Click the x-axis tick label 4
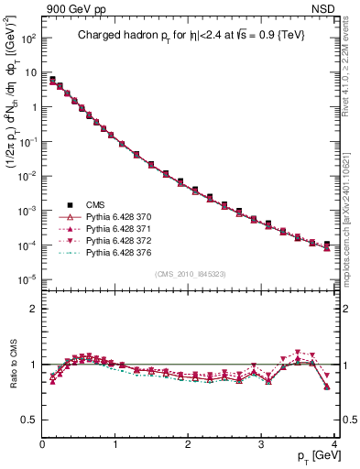pyautogui.click(x=334, y=443)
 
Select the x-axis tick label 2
pyautogui.click(x=189, y=443)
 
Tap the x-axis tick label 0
pyautogui.click(x=43, y=443)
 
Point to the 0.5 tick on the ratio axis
pyautogui.click(x=30, y=420)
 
